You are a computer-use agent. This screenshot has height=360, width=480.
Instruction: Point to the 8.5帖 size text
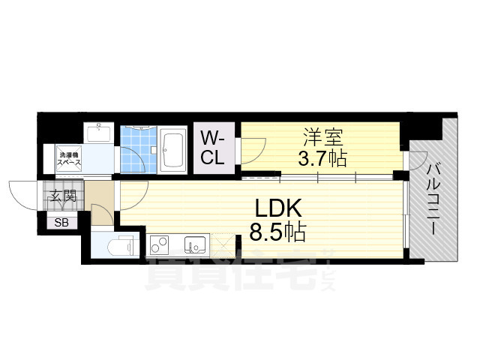click(x=276, y=232)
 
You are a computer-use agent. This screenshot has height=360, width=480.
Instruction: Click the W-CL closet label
click(x=213, y=148)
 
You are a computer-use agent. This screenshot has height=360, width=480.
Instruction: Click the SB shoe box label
click(x=59, y=221)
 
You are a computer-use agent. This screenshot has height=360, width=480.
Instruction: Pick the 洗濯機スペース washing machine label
click(x=71, y=159)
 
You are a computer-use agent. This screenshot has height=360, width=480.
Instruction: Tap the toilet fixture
click(x=121, y=246)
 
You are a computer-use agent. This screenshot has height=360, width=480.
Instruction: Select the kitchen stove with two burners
click(x=160, y=244)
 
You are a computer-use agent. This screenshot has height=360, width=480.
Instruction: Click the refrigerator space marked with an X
click(x=223, y=244)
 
